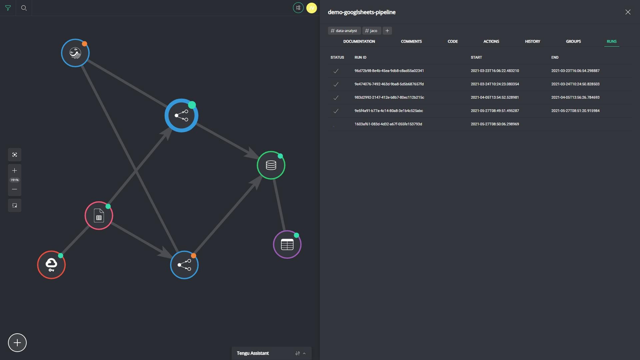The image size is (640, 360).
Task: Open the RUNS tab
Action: click(612, 41)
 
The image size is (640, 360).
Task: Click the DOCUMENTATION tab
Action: click(359, 41)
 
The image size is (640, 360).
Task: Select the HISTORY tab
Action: click(532, 41)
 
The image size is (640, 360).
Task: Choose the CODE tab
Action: click(453, 41)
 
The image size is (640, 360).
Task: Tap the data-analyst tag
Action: click(344, 31)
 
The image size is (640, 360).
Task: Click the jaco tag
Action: click(371, 31)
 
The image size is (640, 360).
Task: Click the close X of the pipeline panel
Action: click(628, 12)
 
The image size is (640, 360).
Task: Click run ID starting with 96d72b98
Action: click(389, 71)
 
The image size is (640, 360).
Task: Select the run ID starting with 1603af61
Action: click(388, 124)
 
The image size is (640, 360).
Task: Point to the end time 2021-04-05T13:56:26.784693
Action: click(575, 97)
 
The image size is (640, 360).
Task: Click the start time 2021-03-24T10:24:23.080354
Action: click(495, 84)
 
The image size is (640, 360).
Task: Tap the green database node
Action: click(271, 165)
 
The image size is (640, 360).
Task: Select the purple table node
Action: click(287, 245)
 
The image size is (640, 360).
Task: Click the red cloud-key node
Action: click(51, 265)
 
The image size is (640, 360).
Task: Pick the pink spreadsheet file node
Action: click(99, 216)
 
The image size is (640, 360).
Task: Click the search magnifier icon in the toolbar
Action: click(24, 8)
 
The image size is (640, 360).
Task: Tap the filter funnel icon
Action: click(8, 8)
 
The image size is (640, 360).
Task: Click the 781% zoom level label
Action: click(15, 180)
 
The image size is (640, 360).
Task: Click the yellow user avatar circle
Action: click(312, 8)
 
